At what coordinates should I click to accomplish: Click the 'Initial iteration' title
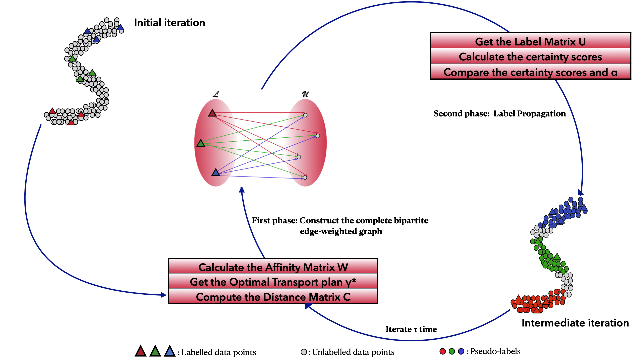point(169,23)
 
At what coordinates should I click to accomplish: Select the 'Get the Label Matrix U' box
point(530,42)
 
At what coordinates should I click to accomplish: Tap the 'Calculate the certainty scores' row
point(530,57)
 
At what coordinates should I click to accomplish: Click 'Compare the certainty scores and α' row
point(530,72)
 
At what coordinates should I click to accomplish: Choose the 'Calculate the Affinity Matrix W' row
point(273,267)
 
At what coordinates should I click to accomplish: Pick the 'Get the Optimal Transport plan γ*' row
point(273,282)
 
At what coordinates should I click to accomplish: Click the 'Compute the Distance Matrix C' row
point(273,297)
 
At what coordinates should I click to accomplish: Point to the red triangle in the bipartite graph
point(212,113)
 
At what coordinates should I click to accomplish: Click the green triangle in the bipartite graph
point(201,143)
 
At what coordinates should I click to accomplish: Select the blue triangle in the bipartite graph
point(216,172)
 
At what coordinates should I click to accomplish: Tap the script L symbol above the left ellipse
point(216,94)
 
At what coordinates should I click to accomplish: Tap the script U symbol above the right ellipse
point(305,94)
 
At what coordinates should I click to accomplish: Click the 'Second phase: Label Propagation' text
point(499,114)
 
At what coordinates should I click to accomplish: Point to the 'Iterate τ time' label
point(411,329)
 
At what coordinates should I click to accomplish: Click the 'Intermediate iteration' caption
point(575,323)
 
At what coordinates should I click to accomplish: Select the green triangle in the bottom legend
point(155,351)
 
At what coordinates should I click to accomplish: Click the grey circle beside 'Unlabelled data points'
point(304,352)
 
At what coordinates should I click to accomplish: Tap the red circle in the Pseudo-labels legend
point(443,351)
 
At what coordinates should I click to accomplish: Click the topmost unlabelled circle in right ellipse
point(305,115)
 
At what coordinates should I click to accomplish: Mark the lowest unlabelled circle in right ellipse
point(305,178)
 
